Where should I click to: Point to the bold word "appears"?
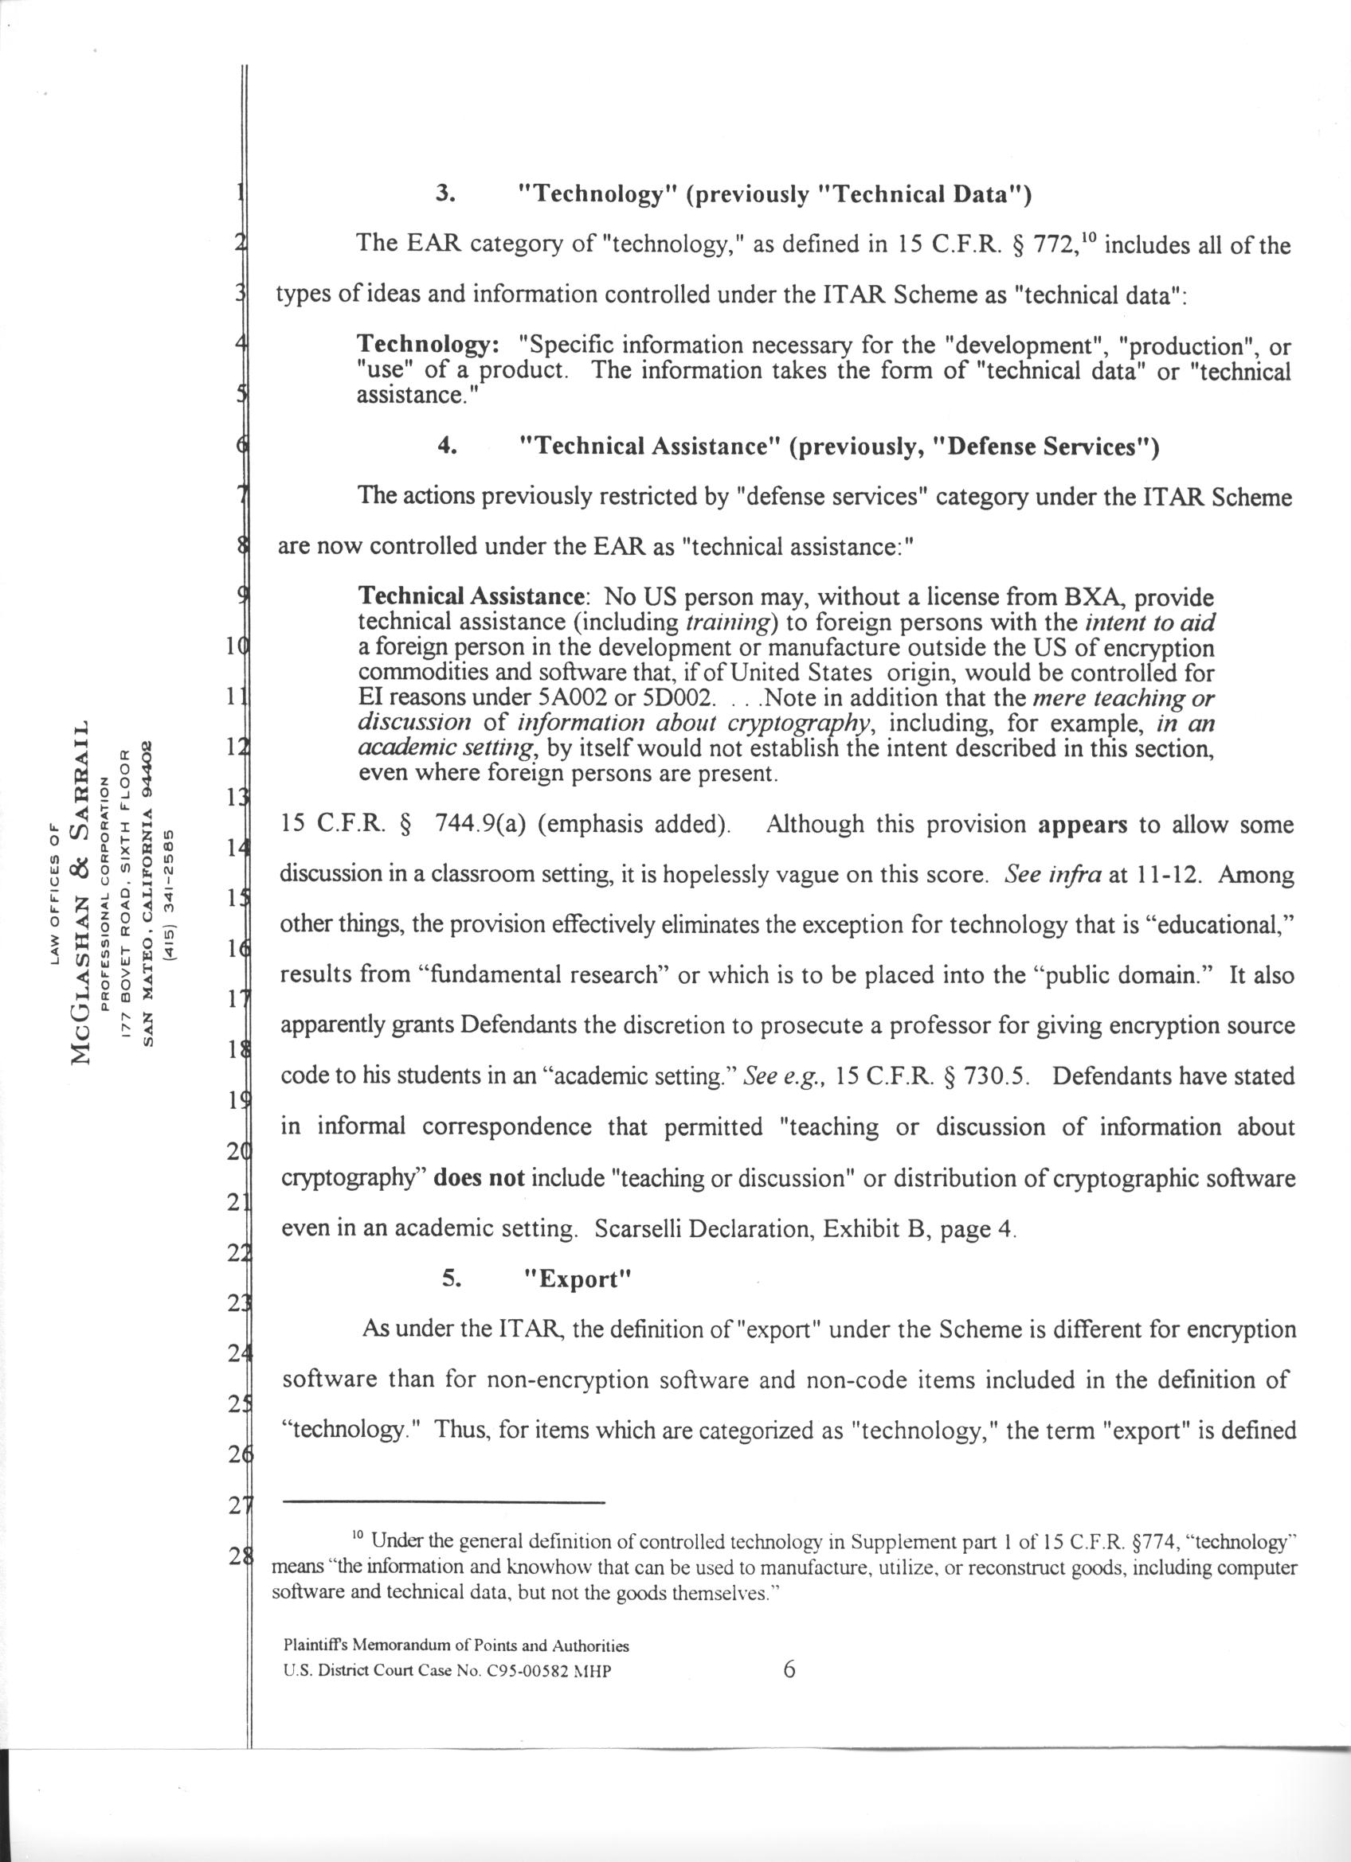click(1083, 825)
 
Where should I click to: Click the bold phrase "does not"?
click(479, 1179)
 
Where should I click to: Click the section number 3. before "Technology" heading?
click(448, 194)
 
